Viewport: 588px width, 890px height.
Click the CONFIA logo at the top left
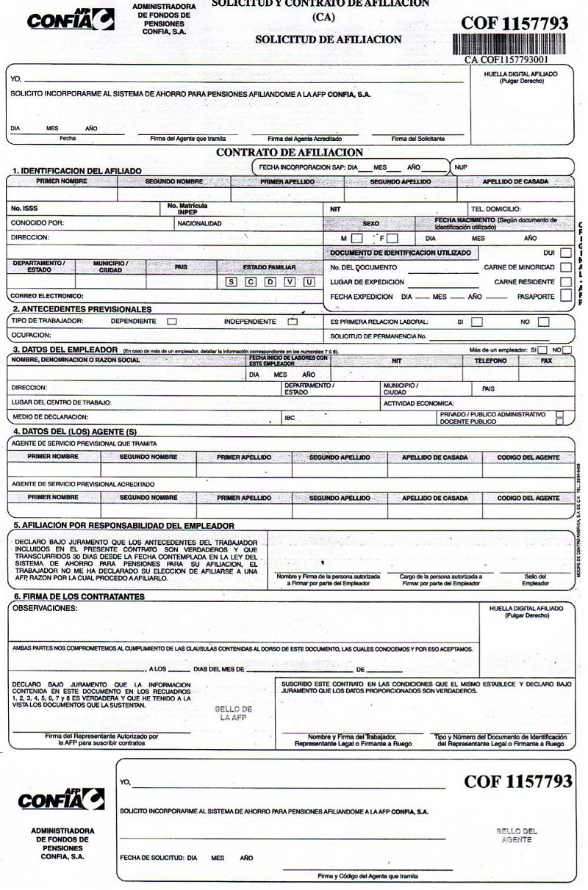[x=71, y=19]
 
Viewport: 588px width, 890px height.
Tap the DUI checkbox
[x=565, y=253]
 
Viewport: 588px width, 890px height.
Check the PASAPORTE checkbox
[x=565, y=296]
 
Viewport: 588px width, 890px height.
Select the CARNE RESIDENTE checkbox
[x=565, y=281]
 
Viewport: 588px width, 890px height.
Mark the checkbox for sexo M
[x=356, y=239]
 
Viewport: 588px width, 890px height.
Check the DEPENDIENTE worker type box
[x=172, y=321]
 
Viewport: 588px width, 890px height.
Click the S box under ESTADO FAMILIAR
[x=231, y=282]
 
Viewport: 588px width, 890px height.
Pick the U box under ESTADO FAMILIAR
[x=309, y=282]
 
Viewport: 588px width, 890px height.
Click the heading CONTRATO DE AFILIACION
[x=290, y=153]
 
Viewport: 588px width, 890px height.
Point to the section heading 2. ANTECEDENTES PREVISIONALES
[x=82, y=309]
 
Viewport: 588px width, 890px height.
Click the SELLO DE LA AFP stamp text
[x=233, y=714]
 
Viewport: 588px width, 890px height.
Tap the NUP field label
[x=461, y=167]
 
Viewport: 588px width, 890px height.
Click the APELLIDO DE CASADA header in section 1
[x=515, y=181]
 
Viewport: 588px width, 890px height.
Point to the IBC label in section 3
[x=290, y=417]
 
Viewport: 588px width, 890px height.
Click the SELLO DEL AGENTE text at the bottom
[x=517, y=835]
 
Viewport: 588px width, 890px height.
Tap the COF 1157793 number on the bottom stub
[x=517, y=781]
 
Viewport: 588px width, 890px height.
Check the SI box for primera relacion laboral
[x=477, y=321]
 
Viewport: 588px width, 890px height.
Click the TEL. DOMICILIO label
[x=495, y=209]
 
